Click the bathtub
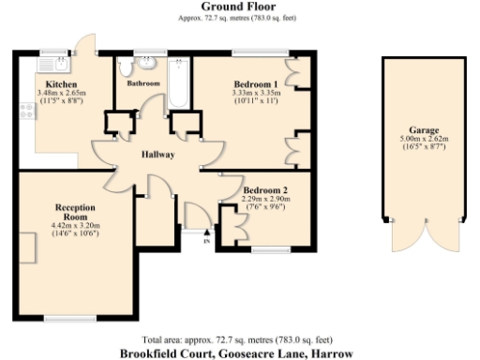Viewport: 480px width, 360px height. [177, 82]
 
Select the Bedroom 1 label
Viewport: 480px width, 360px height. [247, 84]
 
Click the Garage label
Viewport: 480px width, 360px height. [424, 129]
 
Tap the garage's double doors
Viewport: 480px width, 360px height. [423, 240]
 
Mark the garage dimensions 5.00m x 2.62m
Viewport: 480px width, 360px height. [424, 139]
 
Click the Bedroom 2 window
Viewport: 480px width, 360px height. [273, 249]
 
